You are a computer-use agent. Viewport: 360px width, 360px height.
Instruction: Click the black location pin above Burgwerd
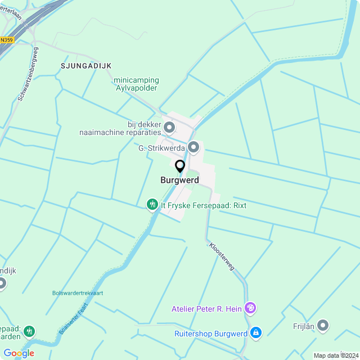point(180,166)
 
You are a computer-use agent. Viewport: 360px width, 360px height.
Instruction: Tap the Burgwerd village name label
point(179,181)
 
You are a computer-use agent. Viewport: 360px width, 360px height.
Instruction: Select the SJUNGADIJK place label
point(86,66)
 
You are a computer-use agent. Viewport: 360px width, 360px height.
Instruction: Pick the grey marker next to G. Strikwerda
point(194,148)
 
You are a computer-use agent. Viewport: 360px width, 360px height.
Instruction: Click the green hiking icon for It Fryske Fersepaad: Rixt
point(152,205)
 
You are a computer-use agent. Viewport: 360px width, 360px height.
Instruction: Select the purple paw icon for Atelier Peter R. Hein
point(251,308)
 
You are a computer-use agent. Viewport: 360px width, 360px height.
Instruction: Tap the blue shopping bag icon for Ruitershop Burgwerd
point(256,334)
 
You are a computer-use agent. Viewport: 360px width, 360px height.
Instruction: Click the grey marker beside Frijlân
point(323,325)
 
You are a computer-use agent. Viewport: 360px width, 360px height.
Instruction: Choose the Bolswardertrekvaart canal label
point(78,293)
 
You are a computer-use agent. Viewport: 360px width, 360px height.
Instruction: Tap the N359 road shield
point(7,40)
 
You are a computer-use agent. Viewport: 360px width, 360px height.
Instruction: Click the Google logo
point(19,353)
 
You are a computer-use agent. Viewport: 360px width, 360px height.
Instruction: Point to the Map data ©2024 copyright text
point(336,355)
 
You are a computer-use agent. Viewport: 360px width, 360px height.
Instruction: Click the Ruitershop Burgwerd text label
point(211,334)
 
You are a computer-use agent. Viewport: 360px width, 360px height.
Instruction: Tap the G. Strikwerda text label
point(161,148)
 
